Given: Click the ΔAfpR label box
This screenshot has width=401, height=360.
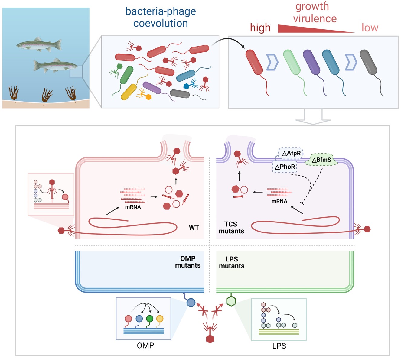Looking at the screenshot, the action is [x=290, y=153].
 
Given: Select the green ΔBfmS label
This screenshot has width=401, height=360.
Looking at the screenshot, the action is [x=321, y=160].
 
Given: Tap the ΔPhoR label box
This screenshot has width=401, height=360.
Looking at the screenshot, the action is [x=285, y=167].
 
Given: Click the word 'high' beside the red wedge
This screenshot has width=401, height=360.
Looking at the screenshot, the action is [x=260, y=28].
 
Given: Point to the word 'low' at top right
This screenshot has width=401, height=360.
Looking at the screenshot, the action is [x=370, y=28].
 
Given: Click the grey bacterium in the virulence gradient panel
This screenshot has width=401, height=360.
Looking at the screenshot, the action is [x=368, y=62].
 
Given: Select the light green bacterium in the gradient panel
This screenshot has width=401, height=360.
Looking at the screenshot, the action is [x=292, y=62].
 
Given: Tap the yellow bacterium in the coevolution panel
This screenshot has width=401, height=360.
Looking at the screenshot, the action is [x=129, y=92].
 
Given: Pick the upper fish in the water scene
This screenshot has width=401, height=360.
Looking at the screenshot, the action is [x=39, y=45].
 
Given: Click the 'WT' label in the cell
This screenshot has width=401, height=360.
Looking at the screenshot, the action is [x=194, y=228].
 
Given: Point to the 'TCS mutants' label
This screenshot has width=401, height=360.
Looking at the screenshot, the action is [x=231, y=228].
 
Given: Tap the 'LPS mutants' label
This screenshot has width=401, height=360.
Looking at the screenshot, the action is [x=232, y=262].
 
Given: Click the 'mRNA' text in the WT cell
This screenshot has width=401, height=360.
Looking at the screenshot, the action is [x=133, y=207].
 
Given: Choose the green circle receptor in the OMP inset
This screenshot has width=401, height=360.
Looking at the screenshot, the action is [x=150, y=319].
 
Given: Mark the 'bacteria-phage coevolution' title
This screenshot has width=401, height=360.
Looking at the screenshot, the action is [x=161, y=17].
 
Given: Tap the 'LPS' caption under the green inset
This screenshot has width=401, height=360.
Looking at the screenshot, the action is [x=279, y=346].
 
